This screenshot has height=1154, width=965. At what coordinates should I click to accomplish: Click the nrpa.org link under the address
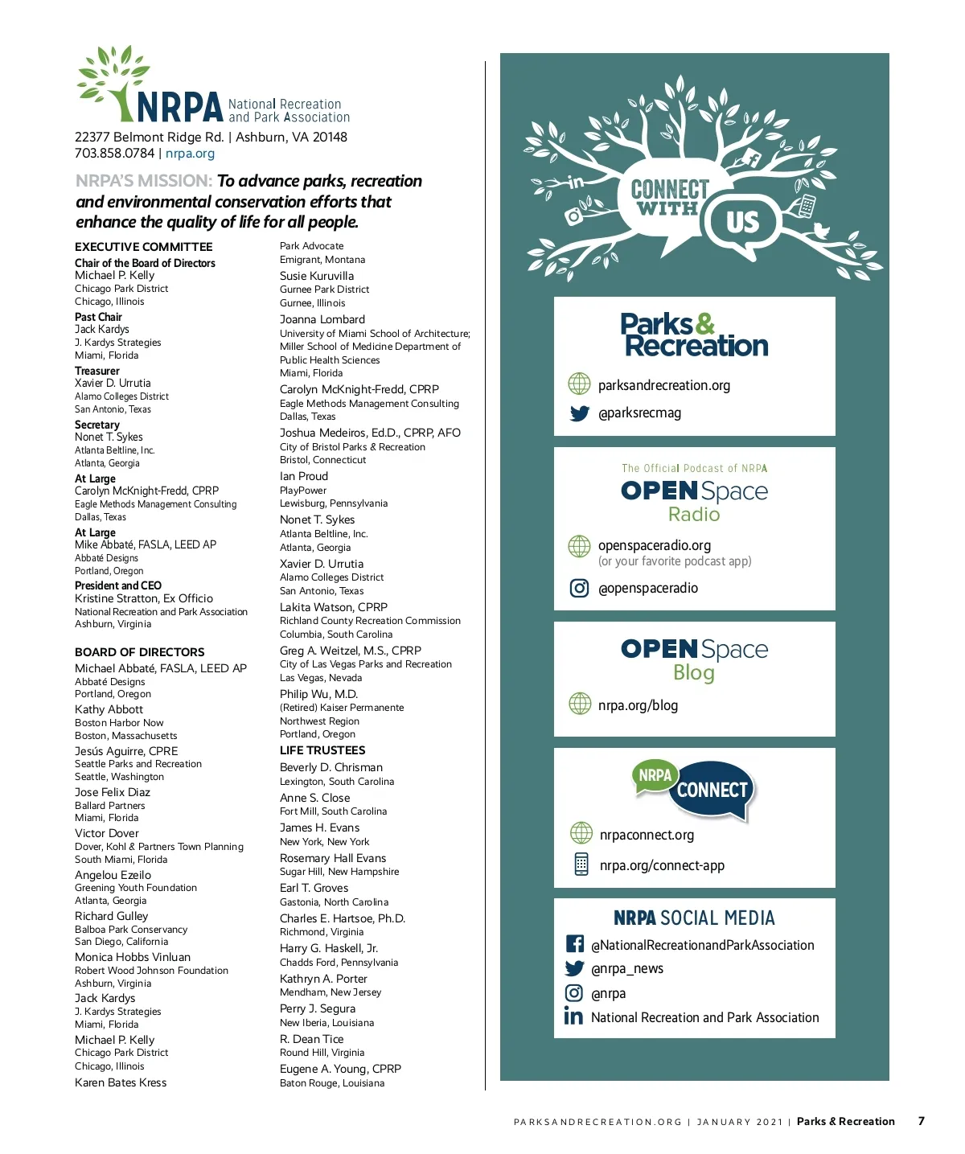[x=190, y=154]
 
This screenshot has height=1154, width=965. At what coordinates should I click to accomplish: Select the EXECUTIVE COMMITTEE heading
[x=143, y=247]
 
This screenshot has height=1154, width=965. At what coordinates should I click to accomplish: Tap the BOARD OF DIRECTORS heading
[x=139, y=652]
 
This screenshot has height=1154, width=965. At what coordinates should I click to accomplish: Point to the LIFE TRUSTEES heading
[x=322, y=750]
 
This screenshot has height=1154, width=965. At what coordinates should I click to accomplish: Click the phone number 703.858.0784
[x=114, y=154]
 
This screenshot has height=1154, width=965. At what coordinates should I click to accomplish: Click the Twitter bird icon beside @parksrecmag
[x=579, y=413]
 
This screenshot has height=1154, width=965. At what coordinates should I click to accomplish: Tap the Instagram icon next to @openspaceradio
[x=579, y=588]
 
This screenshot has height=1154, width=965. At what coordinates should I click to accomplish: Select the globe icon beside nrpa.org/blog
[x=579, y=704]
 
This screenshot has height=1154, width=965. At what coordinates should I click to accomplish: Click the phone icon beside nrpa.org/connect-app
[x=581, y=864]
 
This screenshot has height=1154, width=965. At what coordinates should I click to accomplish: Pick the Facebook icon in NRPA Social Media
[x=574, y=944]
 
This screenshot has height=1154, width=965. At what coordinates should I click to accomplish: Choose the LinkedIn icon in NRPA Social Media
[x=573, y=1016]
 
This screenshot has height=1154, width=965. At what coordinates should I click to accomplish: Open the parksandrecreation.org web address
[x=663, y=385]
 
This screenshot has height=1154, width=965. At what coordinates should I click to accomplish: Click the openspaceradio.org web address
[x=654, y=545]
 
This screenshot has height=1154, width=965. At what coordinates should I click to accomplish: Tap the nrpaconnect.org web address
[x=647, y=835]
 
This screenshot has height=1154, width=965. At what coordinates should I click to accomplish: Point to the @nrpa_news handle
[x=626, y=968]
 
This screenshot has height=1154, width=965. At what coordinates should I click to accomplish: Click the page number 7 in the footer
[x=921, y=1121]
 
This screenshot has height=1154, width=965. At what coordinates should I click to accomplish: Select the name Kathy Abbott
[x=109, y=709]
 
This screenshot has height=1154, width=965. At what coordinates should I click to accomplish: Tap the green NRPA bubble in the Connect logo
[x=655, y=775]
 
